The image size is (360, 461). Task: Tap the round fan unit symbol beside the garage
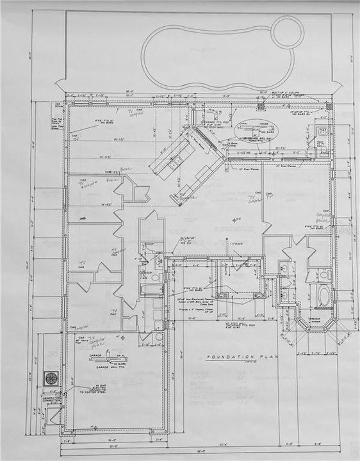coord(51,378)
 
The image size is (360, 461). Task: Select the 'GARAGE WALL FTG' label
coord(110,369)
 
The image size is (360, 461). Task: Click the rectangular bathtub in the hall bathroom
coord(151,289)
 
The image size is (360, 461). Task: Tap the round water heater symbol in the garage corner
coord(158,337)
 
